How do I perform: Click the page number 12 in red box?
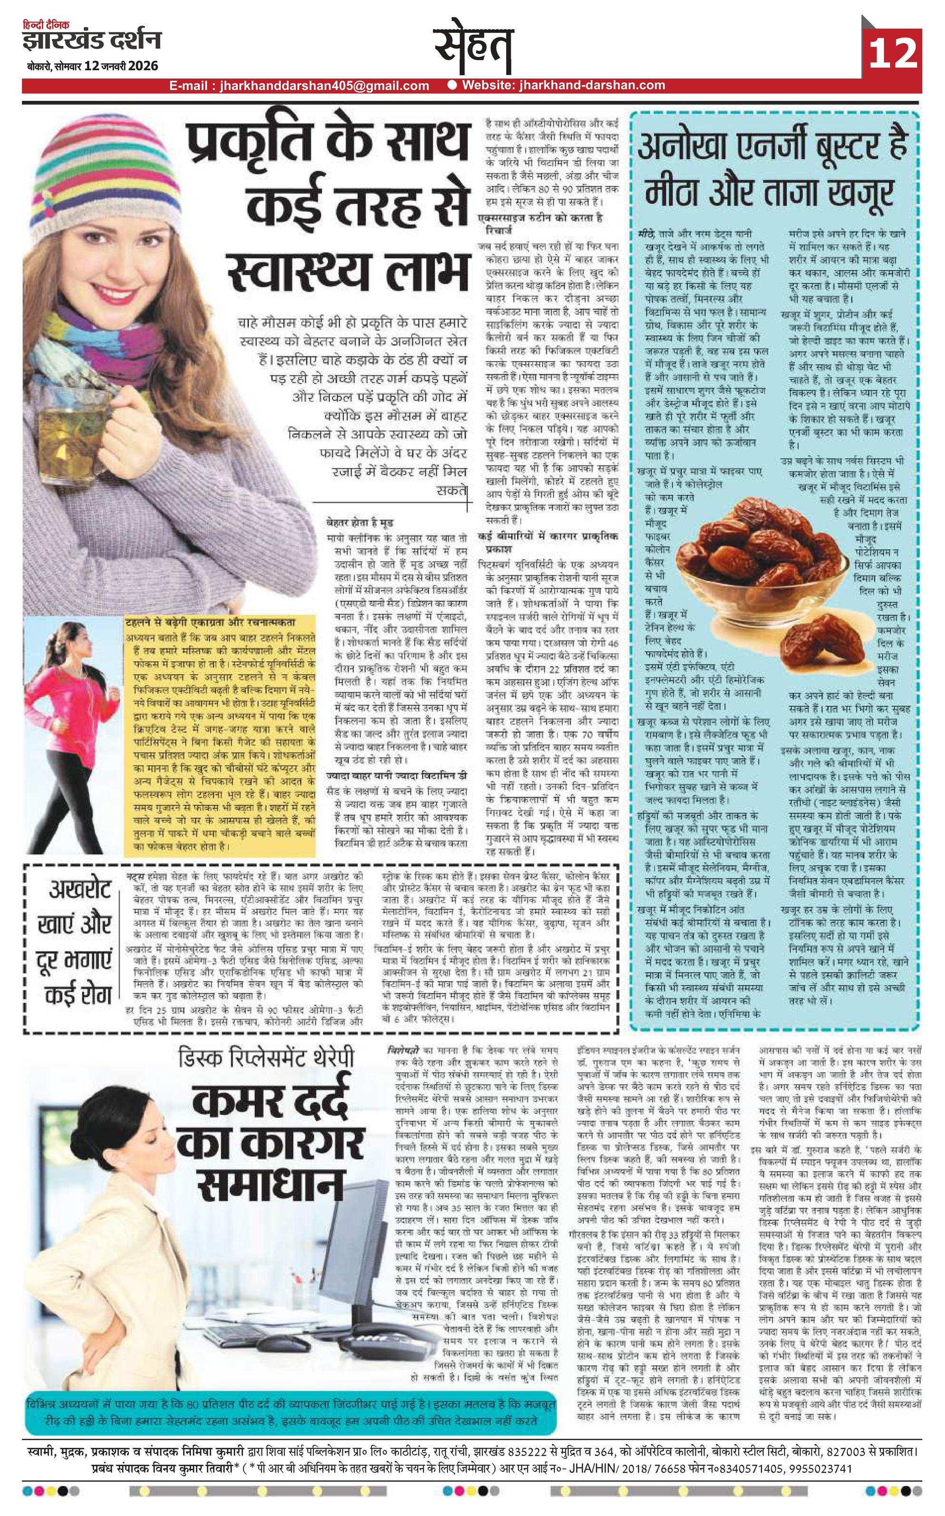pos(893,54)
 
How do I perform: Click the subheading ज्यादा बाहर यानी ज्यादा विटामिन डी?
pos(397,775)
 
